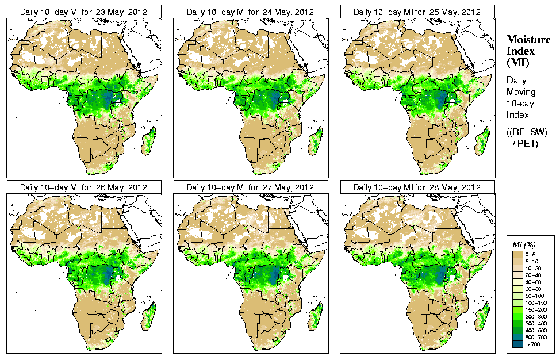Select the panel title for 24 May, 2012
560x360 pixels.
(250, 12)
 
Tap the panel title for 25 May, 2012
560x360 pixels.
(417, 12)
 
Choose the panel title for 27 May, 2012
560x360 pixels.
(250, 187)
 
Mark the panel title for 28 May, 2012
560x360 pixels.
(417, 187)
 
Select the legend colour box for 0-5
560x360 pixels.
(517, 254)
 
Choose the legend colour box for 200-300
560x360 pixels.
(517, 316)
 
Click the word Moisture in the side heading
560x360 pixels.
(528, 39)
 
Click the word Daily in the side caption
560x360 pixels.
(517, 81)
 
